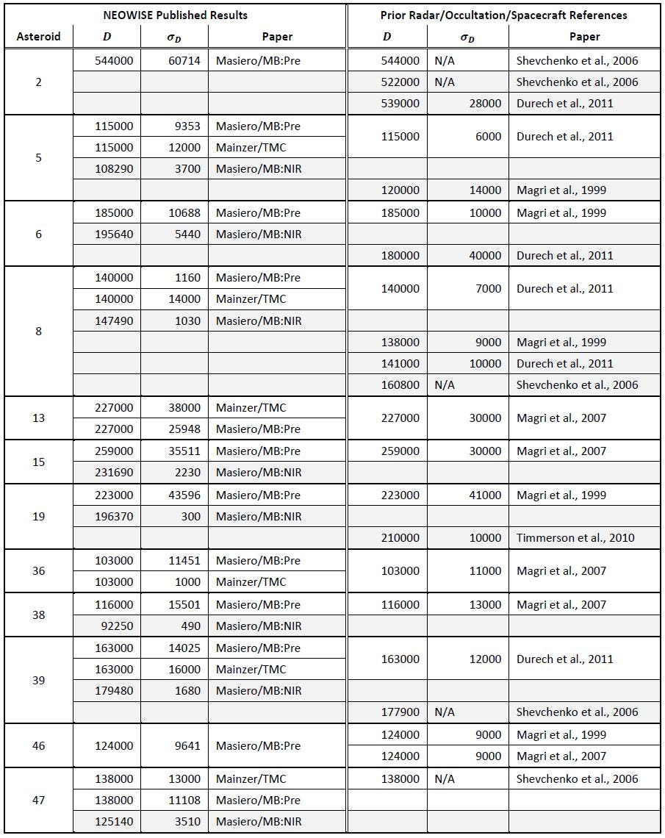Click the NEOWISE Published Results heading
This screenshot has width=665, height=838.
pyautogui.click(x=175, y=15)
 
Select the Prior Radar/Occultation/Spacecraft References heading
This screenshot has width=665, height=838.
pyautogui.click(x=503, y=15)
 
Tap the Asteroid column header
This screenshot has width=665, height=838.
pyautogui.click(x=38, y=36)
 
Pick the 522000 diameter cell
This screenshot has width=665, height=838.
pyautogui.click(x=400, y=82)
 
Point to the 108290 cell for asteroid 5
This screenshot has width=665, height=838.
pyautogui.click(x=114, y=169)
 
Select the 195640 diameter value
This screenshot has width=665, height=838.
pyautogui.click(x=114, y=234)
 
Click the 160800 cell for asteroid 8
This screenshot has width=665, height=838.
pyautogui.click(x=400, y=385)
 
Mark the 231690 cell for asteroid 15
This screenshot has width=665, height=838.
pyautogui.click(x=114, y=473)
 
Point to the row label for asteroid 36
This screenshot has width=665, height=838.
pyautogui.click(x=38, y=571)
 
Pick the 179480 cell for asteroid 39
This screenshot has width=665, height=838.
pyautogui.click(x=114, y=691)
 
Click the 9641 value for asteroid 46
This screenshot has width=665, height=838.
pyautogui.click(x=187, y=746)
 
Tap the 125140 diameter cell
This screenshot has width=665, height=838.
pyautogui.click(x=114, y=822)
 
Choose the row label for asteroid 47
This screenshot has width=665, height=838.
pyautogui.click(x=38, y=801)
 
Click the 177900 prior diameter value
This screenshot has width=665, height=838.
pyautogui.click(x=400, y=712)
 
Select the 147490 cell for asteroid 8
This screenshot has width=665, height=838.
pyautogui.click(x=114, y=321)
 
